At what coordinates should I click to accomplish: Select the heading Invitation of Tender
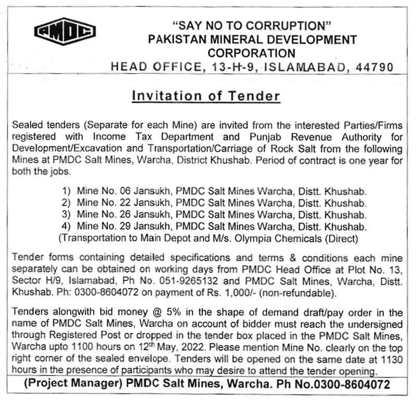(206, 96)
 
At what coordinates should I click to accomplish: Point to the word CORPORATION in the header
(251, 52)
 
